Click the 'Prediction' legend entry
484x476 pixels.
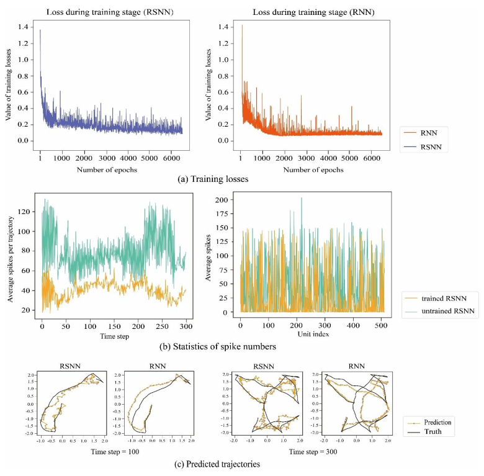[437, 422]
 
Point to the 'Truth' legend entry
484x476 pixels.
[433, 431]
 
